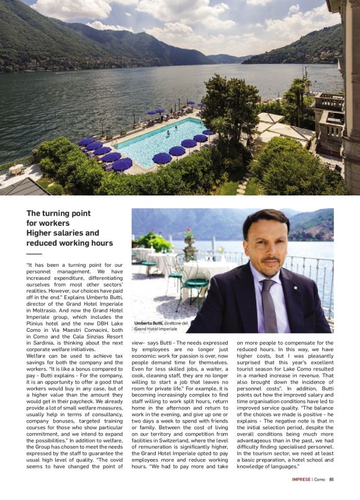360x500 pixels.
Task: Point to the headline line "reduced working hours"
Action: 70,243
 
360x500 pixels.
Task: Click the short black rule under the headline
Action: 34,253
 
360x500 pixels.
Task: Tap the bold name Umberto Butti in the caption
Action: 148,323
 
